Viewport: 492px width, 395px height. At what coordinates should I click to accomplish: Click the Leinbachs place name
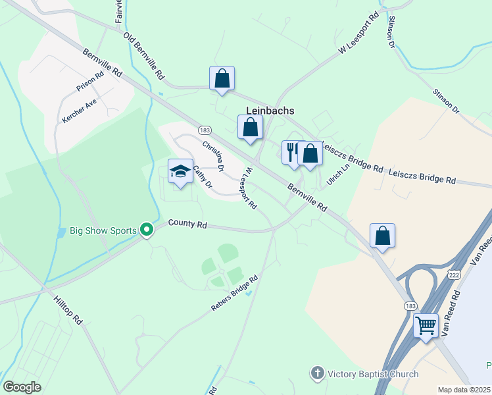pos(270,111)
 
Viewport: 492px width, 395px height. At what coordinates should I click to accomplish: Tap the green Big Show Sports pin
pos(147,230)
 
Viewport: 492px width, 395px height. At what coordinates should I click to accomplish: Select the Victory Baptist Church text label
pos(373,374)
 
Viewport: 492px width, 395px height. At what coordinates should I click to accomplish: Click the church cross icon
pos(318,374)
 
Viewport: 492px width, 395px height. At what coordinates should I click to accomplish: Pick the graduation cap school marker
pos(180,172)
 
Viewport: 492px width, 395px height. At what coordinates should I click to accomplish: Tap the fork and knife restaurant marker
pos(291,152)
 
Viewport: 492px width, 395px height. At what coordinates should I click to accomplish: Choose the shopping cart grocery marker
pos(426,325)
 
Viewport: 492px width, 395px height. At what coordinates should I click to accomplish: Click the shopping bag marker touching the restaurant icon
pos(310,153)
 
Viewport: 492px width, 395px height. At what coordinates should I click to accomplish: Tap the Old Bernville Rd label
pos(144,55)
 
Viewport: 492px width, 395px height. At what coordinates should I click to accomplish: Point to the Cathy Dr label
pos(203,176)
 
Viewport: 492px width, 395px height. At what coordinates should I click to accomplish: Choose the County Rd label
pos(187,224)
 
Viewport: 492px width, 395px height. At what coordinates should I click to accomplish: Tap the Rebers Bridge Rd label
pos(234,294)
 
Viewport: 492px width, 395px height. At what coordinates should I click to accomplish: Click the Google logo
pos(22,387)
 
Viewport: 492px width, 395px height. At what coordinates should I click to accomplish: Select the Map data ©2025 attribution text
pos(464,390)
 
